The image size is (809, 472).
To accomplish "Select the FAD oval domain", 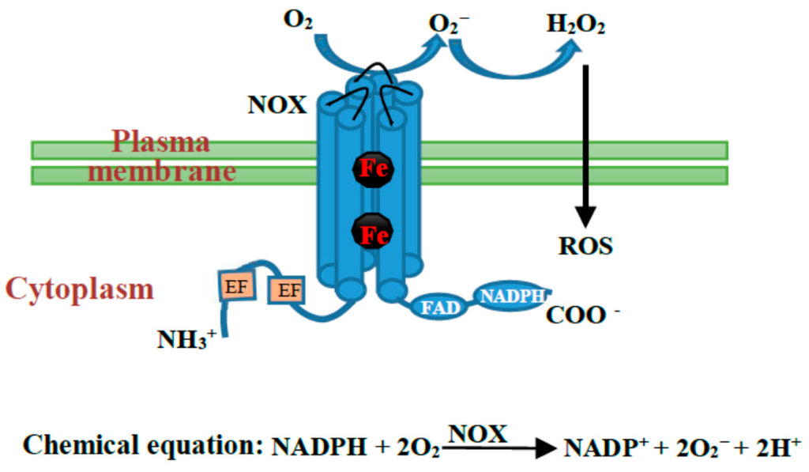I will point(439,307).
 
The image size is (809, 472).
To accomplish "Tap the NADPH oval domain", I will point(512,296).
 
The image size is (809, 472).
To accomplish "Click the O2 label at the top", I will point(298,19).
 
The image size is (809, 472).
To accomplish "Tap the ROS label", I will point(585,246).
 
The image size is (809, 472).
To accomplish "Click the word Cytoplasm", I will point(79,289).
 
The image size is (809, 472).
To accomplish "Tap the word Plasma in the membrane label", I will point(160,142).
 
